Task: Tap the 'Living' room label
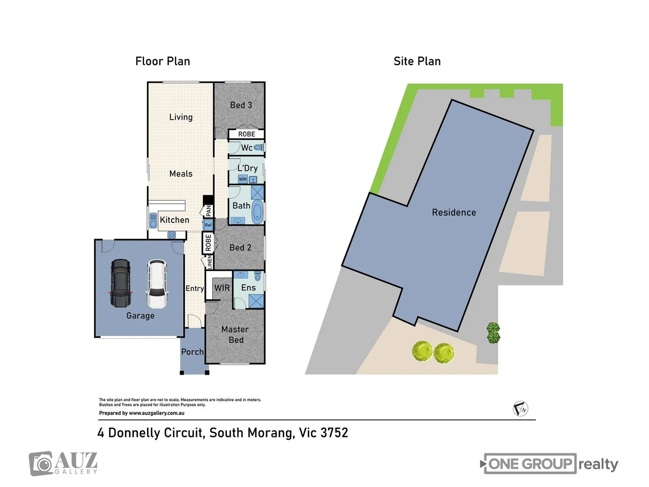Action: (181, 117)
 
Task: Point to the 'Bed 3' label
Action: (241, 105)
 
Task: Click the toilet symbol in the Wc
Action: (258, 147)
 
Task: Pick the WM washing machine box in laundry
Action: (242, 179)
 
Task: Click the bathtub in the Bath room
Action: (257, 211)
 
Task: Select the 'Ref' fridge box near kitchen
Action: (208, 225)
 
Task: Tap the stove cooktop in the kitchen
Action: (171, 234)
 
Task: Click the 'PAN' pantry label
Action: (208, 211)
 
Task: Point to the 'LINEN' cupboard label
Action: (209, 262)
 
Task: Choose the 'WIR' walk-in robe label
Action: (222, 288)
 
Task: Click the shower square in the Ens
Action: (256, 301)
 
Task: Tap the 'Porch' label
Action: (192, 352)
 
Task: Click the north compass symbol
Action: (521, 409)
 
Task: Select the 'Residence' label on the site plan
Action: (454, 212)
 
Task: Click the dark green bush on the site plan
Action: (494, 333)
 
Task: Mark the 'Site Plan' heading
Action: (417, 61)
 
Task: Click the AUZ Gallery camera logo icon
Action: (41, 464)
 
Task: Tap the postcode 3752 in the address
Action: (334, 433)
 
